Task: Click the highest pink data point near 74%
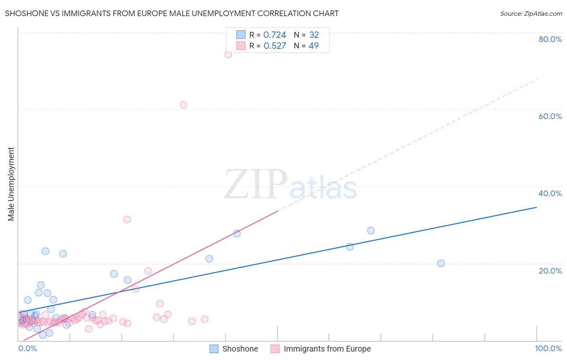[228, 54]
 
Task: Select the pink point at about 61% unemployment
[183, 105]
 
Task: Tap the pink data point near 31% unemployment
[127, 220]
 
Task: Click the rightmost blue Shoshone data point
[441, 264]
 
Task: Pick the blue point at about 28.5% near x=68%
[371, 230]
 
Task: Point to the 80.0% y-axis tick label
[550, 39]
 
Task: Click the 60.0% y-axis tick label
[550, 116]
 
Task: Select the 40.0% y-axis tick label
[550, 193]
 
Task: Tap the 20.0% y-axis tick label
[550, 271]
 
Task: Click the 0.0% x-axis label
[27, 348]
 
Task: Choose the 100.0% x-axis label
[548, 348]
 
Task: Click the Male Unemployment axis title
[11, 184]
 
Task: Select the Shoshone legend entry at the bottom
[240, 349]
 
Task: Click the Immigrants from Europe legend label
[327, 349]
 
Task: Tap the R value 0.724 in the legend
[275, 35]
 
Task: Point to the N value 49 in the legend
[314, 46]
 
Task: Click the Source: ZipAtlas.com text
[531, 14]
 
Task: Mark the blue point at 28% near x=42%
[237, 234]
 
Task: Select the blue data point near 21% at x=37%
[209, 259]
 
